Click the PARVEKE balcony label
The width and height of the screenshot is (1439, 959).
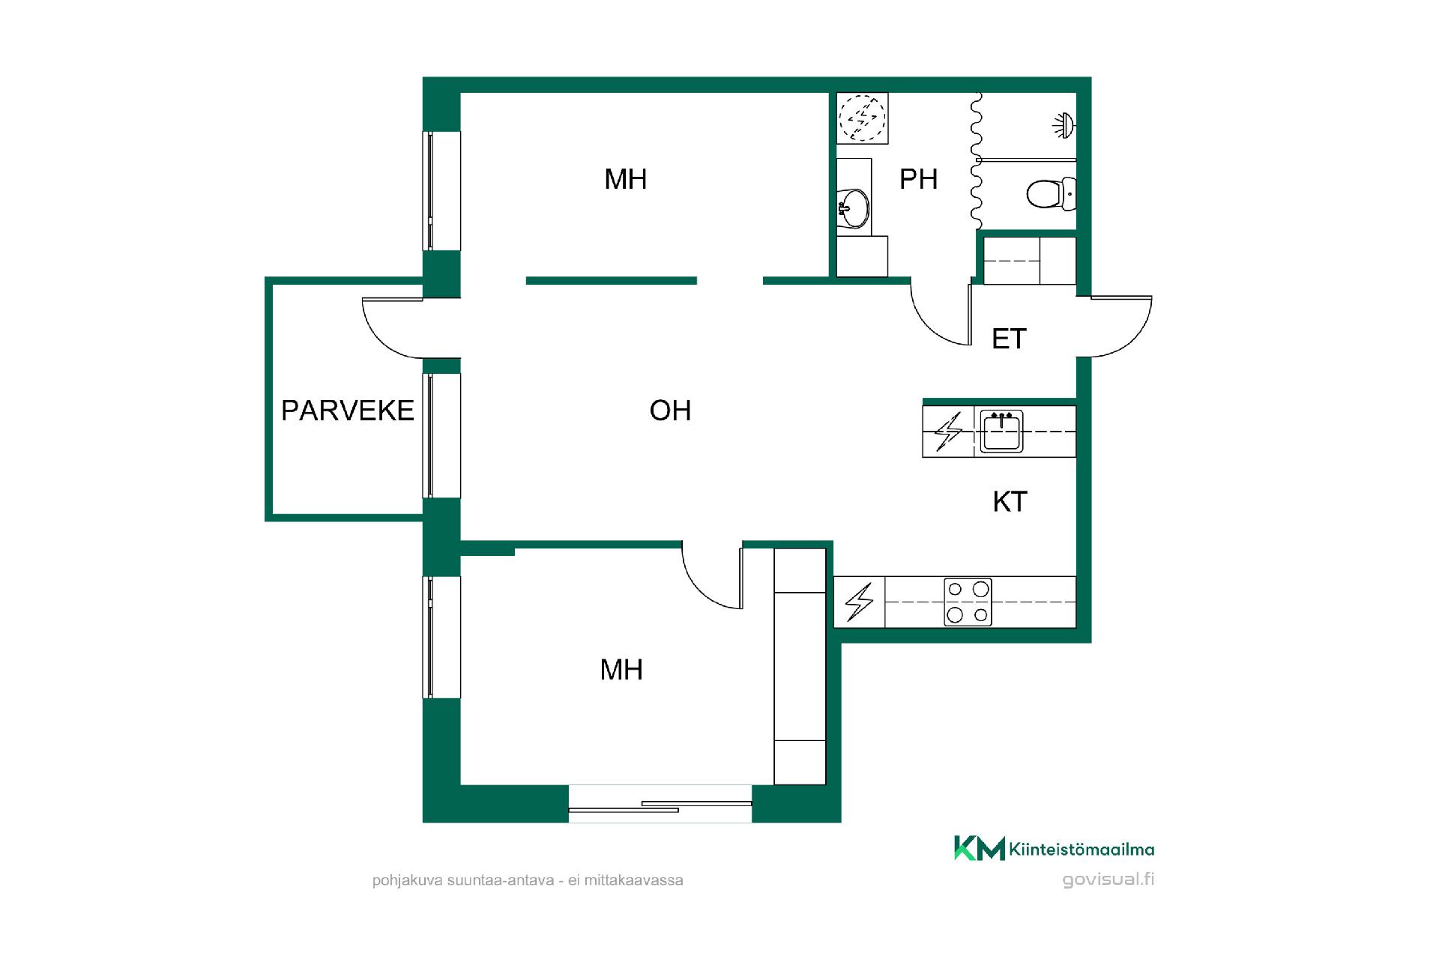(x=347, y=411)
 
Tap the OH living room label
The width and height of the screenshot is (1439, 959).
(x=670, y=411)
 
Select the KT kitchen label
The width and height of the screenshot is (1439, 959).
(x=1010, y=502)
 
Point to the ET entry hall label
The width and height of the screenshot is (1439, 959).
(x=1009, y=339)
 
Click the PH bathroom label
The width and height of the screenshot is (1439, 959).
(x=918, y=179)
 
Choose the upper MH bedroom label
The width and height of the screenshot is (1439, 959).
(x=625, y=179)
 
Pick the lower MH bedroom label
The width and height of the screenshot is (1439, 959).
(x=621, y=669)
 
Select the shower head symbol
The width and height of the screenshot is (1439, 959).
(x=1064, y=125)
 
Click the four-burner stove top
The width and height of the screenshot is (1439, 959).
(x=968, y=602)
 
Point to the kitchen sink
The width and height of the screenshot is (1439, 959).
(x=1001, y=432)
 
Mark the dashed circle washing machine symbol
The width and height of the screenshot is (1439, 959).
(x=862, y=118)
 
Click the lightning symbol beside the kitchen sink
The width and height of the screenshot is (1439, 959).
(x=948, y=432)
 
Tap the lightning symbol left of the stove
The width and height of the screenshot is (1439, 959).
(x=859, y=602)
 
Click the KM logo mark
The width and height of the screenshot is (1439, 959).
(x=979, y=848)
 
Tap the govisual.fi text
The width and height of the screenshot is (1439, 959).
(x=1108, y=880)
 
